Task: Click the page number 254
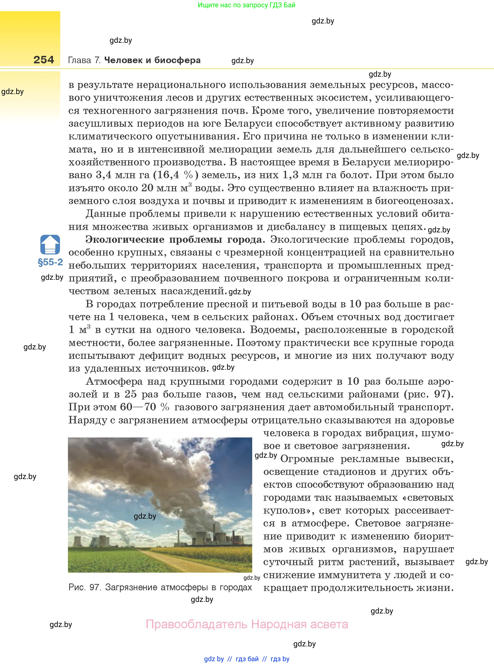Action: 44,59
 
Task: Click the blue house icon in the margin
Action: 50,244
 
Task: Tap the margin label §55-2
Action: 50,262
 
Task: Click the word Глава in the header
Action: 80,60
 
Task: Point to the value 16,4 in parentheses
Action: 168,175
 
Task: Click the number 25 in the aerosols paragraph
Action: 130,394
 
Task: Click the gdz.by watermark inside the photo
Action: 145,516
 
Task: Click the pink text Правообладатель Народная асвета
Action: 247,624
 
